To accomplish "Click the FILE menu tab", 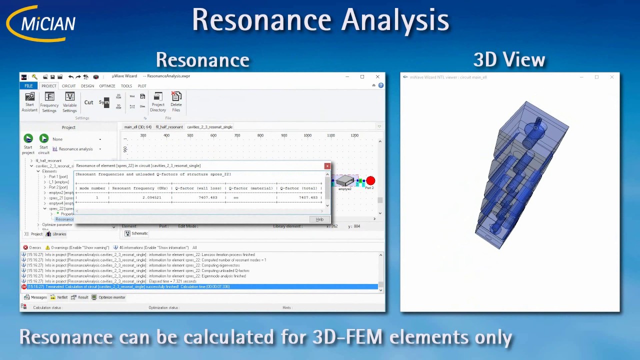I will click(x=28, y=86).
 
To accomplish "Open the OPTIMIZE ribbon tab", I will click(x=107, y=86).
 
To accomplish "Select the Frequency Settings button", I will click(x=49, y=102).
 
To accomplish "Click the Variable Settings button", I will click(x=69, y=102).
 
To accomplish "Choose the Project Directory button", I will click(x=158, y=102).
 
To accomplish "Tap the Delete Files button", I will click(x=176, y=102).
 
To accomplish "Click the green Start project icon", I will click(x=28, y=139).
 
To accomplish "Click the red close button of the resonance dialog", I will click(x=327, y=166).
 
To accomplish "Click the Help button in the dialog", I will click(x=319, y=219).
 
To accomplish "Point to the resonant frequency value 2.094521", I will click(x=151, y=197).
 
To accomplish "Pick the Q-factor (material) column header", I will click(x=250, y=188).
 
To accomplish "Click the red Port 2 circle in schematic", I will click(x=370, y=180).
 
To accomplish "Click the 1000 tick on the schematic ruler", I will click(x=307, y=135).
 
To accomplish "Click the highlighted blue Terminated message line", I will click(x=200, y=287).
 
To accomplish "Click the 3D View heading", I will click(x=509, y=60).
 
